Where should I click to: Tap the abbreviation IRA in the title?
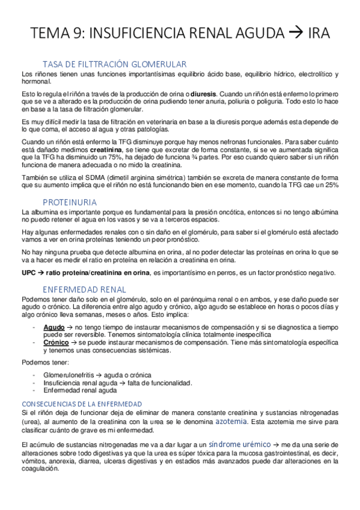(318, 34)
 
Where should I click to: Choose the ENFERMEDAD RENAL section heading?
(84, 289)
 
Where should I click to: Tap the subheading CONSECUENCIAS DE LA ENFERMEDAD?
(81, 403)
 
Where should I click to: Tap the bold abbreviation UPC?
(29, 272)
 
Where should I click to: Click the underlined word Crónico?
(56, 340)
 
